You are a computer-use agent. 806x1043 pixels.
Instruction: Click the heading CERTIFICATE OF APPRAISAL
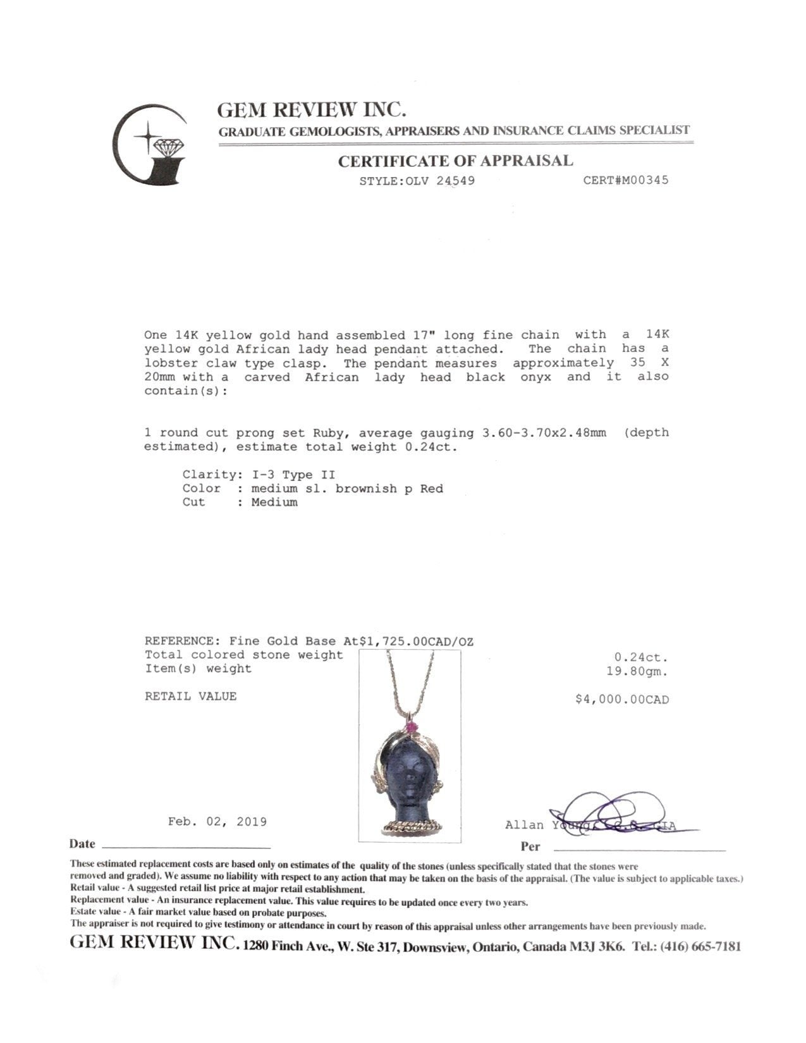point(455,161)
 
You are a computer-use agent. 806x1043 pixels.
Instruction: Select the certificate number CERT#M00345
point(625,180)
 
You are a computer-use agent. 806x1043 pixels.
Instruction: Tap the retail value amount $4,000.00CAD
point(621,700)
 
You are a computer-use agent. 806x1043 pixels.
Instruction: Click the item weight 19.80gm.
point(636,672)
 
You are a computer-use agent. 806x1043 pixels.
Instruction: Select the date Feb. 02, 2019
point(217,822)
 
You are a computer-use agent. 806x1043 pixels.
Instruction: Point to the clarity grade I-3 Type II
point(293,475)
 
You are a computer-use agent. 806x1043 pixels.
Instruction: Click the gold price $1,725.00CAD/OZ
point(416,642)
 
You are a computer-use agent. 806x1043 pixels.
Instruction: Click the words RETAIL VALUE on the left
point(190,697)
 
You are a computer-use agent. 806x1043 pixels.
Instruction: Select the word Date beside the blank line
point(82,844)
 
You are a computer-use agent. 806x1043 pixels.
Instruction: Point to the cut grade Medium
point(274,503)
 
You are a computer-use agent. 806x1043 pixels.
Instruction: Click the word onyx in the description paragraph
point(537,377)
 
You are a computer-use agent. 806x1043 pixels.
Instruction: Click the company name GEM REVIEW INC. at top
point(311,110)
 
